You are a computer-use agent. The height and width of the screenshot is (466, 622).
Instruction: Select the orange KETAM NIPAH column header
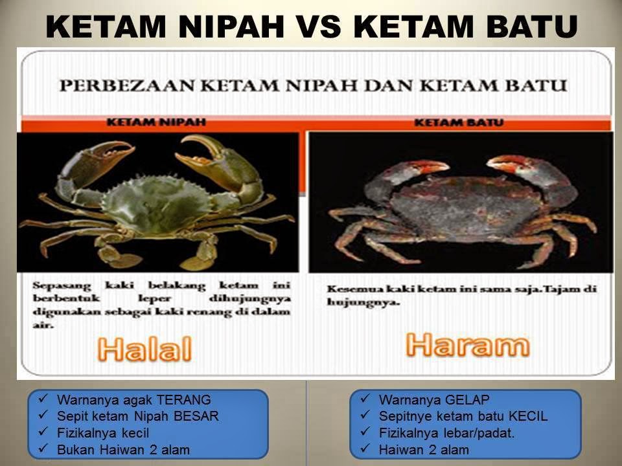pyautogui.click(x=156, y=122)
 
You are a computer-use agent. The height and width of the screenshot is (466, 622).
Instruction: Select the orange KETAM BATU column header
pyautogui.click(x=459, y=122)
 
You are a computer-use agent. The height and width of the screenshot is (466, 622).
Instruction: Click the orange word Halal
pyautogui.click(x=144, y=349)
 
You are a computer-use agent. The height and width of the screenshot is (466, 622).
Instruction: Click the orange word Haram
pyautogui.click(x=468, y=345)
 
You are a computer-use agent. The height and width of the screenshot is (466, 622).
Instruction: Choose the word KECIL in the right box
pyautogui.click(x=528, y=416)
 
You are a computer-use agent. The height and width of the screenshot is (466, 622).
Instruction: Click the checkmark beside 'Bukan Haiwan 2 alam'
pyautogui.click(x=43, y=449)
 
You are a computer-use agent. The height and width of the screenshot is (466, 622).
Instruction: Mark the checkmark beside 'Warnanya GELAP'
pyautogui.click(x=365, y=399)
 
